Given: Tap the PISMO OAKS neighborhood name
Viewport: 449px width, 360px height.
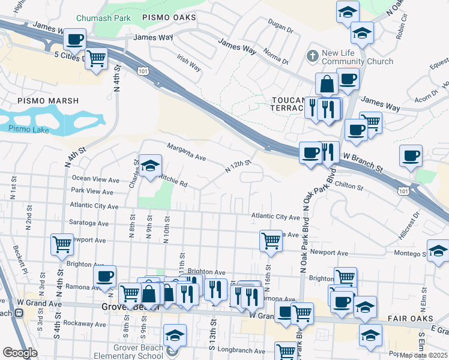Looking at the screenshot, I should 169,19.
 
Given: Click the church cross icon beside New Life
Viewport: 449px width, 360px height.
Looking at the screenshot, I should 312,56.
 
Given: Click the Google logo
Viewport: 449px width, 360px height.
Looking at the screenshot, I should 20,353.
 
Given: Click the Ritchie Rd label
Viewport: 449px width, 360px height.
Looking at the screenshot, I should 173,180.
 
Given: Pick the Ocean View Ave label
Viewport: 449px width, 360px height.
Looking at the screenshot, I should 95,179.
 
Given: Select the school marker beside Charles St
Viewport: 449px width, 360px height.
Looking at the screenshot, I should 150,164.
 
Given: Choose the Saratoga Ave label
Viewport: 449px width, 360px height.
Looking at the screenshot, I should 90,223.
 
